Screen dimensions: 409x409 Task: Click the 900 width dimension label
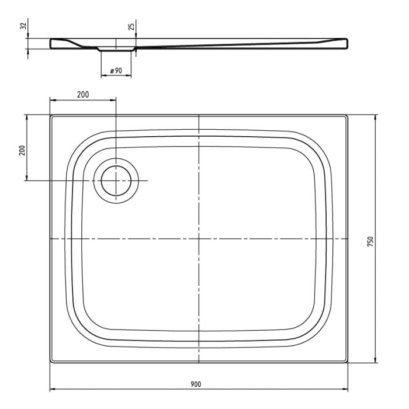tap(195, 383)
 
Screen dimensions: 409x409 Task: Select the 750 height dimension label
tap(370, 241)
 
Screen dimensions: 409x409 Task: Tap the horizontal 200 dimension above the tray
tap(83, 95)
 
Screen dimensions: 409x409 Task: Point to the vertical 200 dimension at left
tap(22, 149)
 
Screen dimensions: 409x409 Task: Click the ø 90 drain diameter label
tap(116, 71)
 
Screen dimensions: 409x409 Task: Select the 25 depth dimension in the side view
tap(131, 26)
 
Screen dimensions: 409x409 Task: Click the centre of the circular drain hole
tap(116, 181)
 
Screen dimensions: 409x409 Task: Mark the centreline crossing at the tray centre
tap(199, 239)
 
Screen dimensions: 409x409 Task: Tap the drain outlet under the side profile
tap(116, 50)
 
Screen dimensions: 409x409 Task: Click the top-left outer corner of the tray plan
tap(50, 115)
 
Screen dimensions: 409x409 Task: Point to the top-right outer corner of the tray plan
tap(349, 115)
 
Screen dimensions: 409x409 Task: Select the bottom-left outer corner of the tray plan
tap(50, 363)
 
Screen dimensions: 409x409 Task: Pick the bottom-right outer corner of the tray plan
tap(349, 363)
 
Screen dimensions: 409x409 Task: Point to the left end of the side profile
tap(51, 43)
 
